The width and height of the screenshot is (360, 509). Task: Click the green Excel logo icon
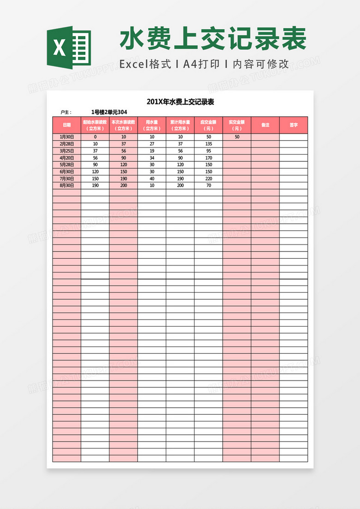tap(68, 48)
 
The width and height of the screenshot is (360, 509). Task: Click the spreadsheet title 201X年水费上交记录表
tap(180, 102)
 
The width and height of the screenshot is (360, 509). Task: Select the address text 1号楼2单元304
tap(109, 112)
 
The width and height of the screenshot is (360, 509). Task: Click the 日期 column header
tap(67, 125)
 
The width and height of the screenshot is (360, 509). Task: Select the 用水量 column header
tap(152, 125)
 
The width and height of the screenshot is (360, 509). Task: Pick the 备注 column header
tap(265, 125)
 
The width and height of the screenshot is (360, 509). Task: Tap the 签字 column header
tap(293, 125)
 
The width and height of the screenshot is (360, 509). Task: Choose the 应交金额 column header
tap(208, 125)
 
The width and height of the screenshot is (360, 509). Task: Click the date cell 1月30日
tap(67, 137)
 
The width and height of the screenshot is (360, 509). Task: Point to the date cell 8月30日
tap(67, 185)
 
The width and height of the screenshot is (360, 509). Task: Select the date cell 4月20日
tap(67, 158)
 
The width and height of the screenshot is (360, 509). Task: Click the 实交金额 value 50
tap(237, 137)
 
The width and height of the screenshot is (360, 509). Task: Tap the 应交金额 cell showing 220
tap(208, 178)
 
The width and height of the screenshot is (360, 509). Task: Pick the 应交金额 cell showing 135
tap(208, 144)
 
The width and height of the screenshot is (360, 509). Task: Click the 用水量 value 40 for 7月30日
tap(152, 178)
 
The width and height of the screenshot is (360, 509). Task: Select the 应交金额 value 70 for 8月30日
tap(208, 185)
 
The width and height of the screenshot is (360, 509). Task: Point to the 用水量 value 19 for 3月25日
tap(152, 151)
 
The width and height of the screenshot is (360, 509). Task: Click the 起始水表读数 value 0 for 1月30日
tap(95, 137)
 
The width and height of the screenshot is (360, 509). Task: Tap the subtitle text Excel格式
tap(145, 64)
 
